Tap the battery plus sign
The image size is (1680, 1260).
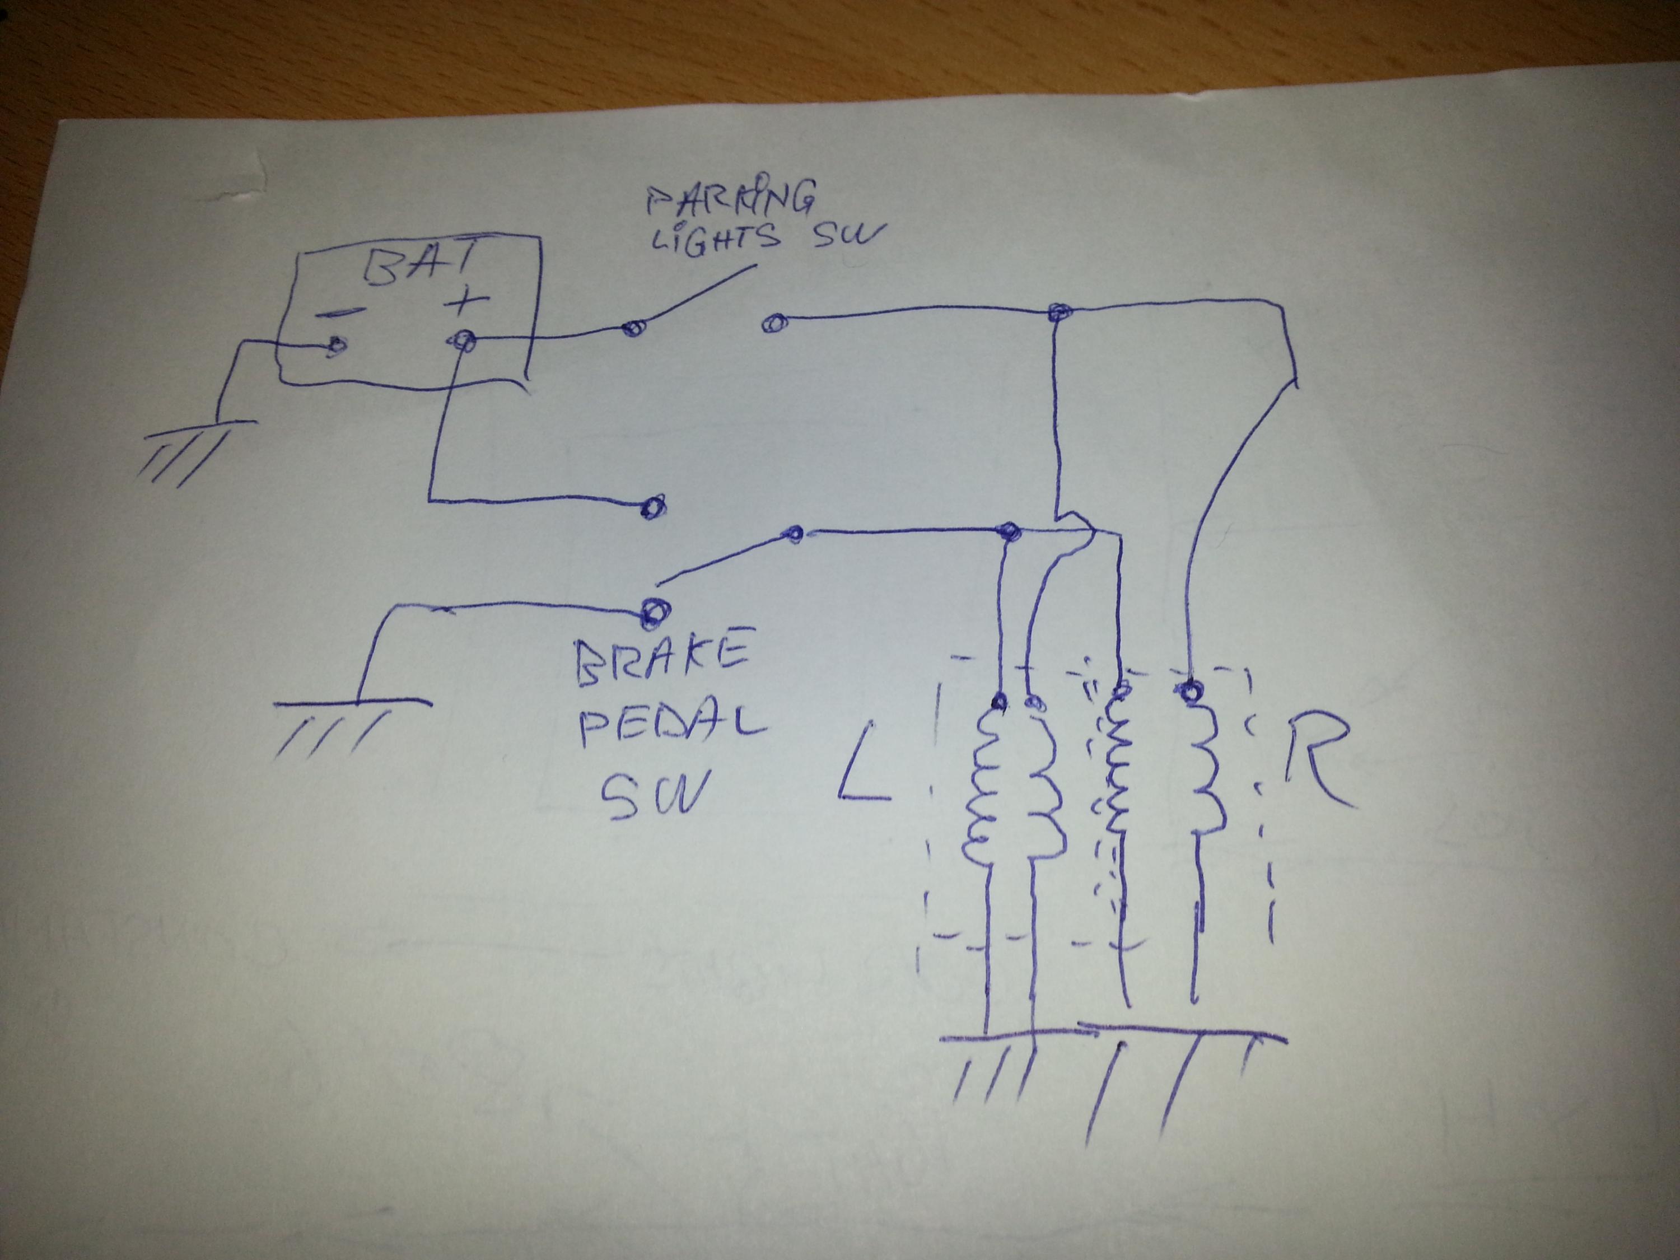[x=466, y=303]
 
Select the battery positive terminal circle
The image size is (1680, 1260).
[x=463, y=343]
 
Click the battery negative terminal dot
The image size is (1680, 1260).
[x=335, y=348]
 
